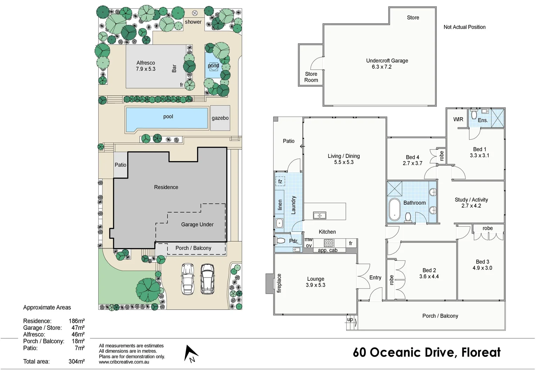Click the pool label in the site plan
point(168,117)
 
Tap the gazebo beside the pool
point(220,118)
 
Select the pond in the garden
point(213,66)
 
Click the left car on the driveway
point(188,279)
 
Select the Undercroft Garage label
point(387,61)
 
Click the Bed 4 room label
point(413,157)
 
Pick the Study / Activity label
point(471,200)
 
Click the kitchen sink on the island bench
point(320,215)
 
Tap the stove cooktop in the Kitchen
point(329,243)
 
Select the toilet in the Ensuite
point(474,114)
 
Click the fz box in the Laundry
point(280,181)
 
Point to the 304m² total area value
point(76,361)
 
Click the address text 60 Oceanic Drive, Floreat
point(427,352)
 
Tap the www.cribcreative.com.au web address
point(124,362)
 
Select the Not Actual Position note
point(464,27)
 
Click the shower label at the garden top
point(193,22)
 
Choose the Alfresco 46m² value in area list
point(78,334)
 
